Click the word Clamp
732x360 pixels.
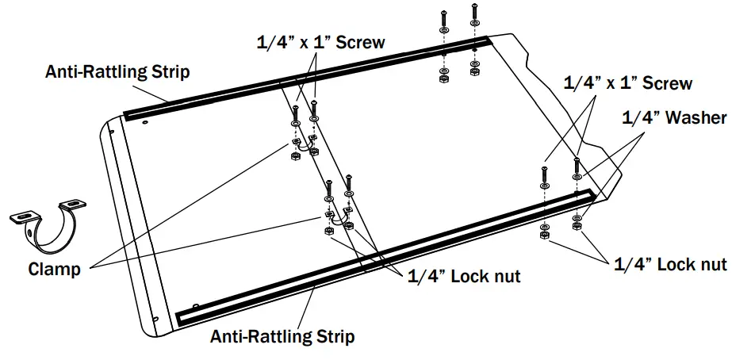click(x=54, y=269)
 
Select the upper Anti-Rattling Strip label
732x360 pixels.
click(x=117, y=72)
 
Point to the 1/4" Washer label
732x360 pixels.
click(x=673, y=117)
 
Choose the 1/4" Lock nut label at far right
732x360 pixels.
click(x=670, y=264)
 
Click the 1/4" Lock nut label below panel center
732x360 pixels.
click(x=463, y=277)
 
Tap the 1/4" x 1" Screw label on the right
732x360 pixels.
click(x=627, y=82)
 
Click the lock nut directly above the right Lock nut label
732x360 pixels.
click(x=577, y=225)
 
